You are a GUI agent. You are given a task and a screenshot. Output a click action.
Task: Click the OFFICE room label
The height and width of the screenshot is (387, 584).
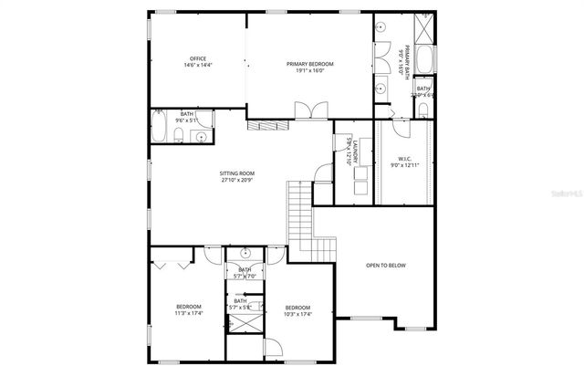198,62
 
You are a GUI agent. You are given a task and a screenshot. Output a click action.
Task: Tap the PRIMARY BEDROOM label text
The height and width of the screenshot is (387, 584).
309,67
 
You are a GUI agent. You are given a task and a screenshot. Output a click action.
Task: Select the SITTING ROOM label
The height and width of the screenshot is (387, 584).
236,176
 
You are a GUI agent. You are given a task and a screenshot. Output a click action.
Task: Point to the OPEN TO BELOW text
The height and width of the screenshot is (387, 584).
385,265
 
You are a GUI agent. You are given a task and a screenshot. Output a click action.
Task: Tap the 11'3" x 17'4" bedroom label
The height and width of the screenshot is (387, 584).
188,310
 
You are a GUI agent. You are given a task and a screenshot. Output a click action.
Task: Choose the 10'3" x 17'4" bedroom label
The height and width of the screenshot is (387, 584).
297,310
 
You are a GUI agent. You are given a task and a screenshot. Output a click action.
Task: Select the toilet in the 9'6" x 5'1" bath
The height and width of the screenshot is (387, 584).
181,137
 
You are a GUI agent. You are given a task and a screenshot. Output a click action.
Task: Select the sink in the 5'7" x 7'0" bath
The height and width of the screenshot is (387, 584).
245,253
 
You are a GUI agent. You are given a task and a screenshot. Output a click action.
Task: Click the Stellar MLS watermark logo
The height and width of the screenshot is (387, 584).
566,193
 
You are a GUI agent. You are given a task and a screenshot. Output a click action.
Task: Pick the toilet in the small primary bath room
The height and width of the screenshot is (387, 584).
424,110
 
